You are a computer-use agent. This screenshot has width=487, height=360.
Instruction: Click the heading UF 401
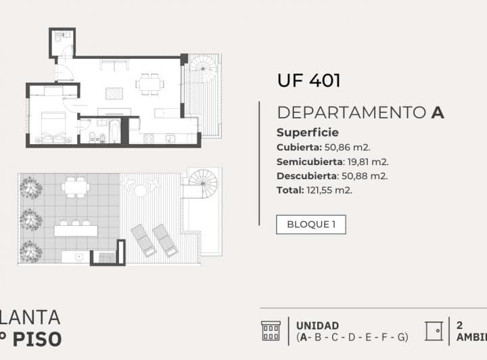point(308,81)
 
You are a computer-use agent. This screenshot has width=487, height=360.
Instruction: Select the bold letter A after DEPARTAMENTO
point(438,113)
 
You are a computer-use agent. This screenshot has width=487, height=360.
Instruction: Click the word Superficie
point(308,133)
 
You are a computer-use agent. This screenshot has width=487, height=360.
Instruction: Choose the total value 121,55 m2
point(329,190)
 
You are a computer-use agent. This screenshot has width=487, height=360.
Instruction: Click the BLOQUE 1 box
point(310,225)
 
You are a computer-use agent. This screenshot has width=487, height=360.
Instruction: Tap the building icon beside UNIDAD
point(271,331)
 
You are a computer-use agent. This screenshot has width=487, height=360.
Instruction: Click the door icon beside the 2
point(434,331)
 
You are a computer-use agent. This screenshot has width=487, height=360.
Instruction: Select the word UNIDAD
point(317,325)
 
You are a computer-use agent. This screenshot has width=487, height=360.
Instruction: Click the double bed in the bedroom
point(53,122)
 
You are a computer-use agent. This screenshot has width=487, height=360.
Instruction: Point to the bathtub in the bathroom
point(114,131)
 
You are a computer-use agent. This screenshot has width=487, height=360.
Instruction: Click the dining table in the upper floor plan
point(149,84)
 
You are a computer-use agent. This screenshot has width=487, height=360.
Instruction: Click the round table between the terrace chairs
point(141,191)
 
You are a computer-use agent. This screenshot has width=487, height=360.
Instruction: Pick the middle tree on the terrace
point(30,219)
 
